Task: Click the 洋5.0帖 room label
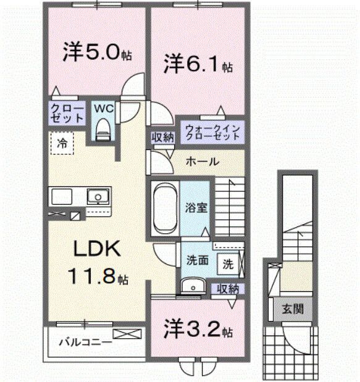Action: click(96, 53)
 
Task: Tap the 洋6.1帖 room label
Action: click(197, 64)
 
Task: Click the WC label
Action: click(103, 108)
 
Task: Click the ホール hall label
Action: click(201, 162)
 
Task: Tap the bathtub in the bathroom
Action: click(165, 207)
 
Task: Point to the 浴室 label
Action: click(198, 207)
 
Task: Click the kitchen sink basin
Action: click(96, 197)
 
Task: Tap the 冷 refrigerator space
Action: click(62, 143)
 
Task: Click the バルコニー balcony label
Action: click(85, 341)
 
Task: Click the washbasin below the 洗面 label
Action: click(193, 284)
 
